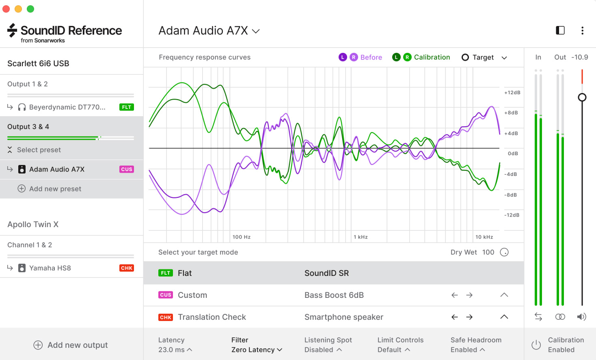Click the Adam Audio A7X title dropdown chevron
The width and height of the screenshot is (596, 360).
click(x=256, y=31)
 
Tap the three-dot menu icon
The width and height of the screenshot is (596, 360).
click(x=582, y=30)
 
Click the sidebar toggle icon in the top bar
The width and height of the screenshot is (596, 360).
click(x=560, y=30)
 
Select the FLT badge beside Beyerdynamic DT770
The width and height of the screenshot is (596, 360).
click(x=127, y=107)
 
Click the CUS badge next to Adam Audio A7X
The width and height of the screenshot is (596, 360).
click(x=127, y=169)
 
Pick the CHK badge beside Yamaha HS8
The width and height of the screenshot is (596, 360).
click(x=127, y=268)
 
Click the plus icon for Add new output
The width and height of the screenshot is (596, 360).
click(x=38, y=345)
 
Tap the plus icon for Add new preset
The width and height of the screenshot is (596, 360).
click(x=22, y=189)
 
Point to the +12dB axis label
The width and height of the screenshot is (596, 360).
click(x=512, y=93)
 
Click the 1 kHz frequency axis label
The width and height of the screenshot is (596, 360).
click(x=361, y=237)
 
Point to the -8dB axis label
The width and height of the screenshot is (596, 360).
click(x=512, y=195)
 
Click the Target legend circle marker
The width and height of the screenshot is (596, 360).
click(x=465, y=57)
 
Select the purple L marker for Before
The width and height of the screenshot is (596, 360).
click(x=343, y=57)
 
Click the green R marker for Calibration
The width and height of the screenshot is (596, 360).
click(x=407, y=57)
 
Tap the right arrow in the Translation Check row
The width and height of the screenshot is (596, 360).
click(x=469, y=317)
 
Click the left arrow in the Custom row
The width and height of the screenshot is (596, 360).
click(x=455, y=295)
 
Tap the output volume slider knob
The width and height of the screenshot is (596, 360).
click(x=582, y=97)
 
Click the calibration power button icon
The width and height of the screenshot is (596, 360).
click(x=536, y=345)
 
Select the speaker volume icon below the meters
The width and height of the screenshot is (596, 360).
click(x=582, y=317)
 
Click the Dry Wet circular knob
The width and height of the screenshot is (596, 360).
click(x=504, y=252)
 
